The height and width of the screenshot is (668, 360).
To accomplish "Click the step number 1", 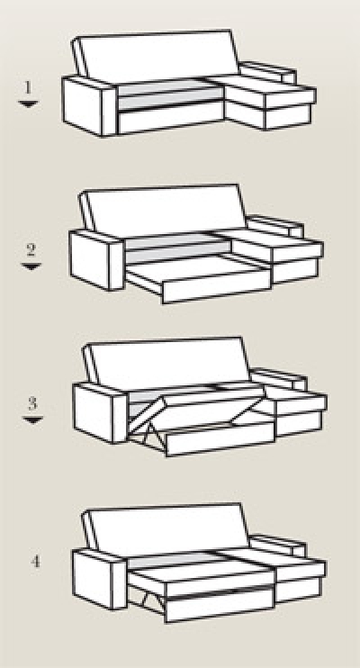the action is (28, 87).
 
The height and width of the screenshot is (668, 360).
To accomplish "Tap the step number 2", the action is (31, 249).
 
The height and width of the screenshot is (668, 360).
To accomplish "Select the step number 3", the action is (32, 403).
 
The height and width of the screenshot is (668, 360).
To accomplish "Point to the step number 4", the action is (35, 562).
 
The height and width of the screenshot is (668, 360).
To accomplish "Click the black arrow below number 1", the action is (29, 104).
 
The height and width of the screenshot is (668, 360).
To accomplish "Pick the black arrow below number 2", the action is (31, 266).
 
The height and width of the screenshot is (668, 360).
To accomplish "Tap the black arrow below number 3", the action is (32, 420).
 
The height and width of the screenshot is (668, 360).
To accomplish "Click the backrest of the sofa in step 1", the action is (156, 56).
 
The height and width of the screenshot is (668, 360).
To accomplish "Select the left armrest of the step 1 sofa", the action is (89, 106).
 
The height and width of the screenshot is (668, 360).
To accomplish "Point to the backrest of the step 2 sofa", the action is (163, 211).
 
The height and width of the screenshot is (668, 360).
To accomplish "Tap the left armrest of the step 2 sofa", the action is (96, 260).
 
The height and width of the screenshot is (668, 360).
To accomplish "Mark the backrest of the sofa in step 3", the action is (166, 364).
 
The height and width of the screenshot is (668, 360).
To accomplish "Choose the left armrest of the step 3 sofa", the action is (101, 413).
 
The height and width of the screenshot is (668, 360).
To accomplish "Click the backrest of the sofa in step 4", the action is (166, 529).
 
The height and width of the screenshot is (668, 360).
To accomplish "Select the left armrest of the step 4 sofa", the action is (100, 579).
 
